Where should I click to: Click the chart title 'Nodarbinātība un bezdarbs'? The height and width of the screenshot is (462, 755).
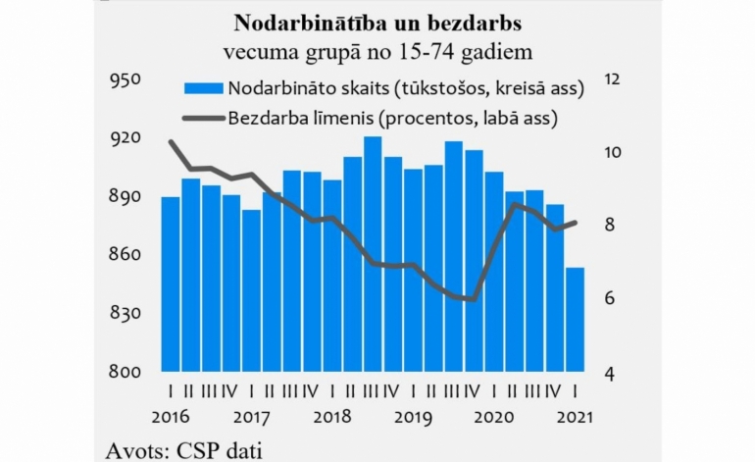click(377, 22)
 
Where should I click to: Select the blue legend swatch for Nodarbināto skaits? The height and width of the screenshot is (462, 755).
click(202, 89)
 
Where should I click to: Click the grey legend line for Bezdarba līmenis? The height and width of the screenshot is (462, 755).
click(202, 120)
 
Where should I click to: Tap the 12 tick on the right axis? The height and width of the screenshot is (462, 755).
click(615, 80)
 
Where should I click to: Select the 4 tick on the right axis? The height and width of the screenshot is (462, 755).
click(610, 374)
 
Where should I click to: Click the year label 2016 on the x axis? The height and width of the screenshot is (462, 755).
click(172, 415)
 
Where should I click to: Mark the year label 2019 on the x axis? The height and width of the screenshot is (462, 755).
click(413, 415)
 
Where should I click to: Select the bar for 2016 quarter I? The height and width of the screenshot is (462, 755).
click(171, 284)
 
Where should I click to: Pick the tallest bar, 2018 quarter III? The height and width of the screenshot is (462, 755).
click(373, 255)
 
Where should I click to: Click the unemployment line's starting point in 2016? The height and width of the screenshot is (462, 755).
click(171, 141)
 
